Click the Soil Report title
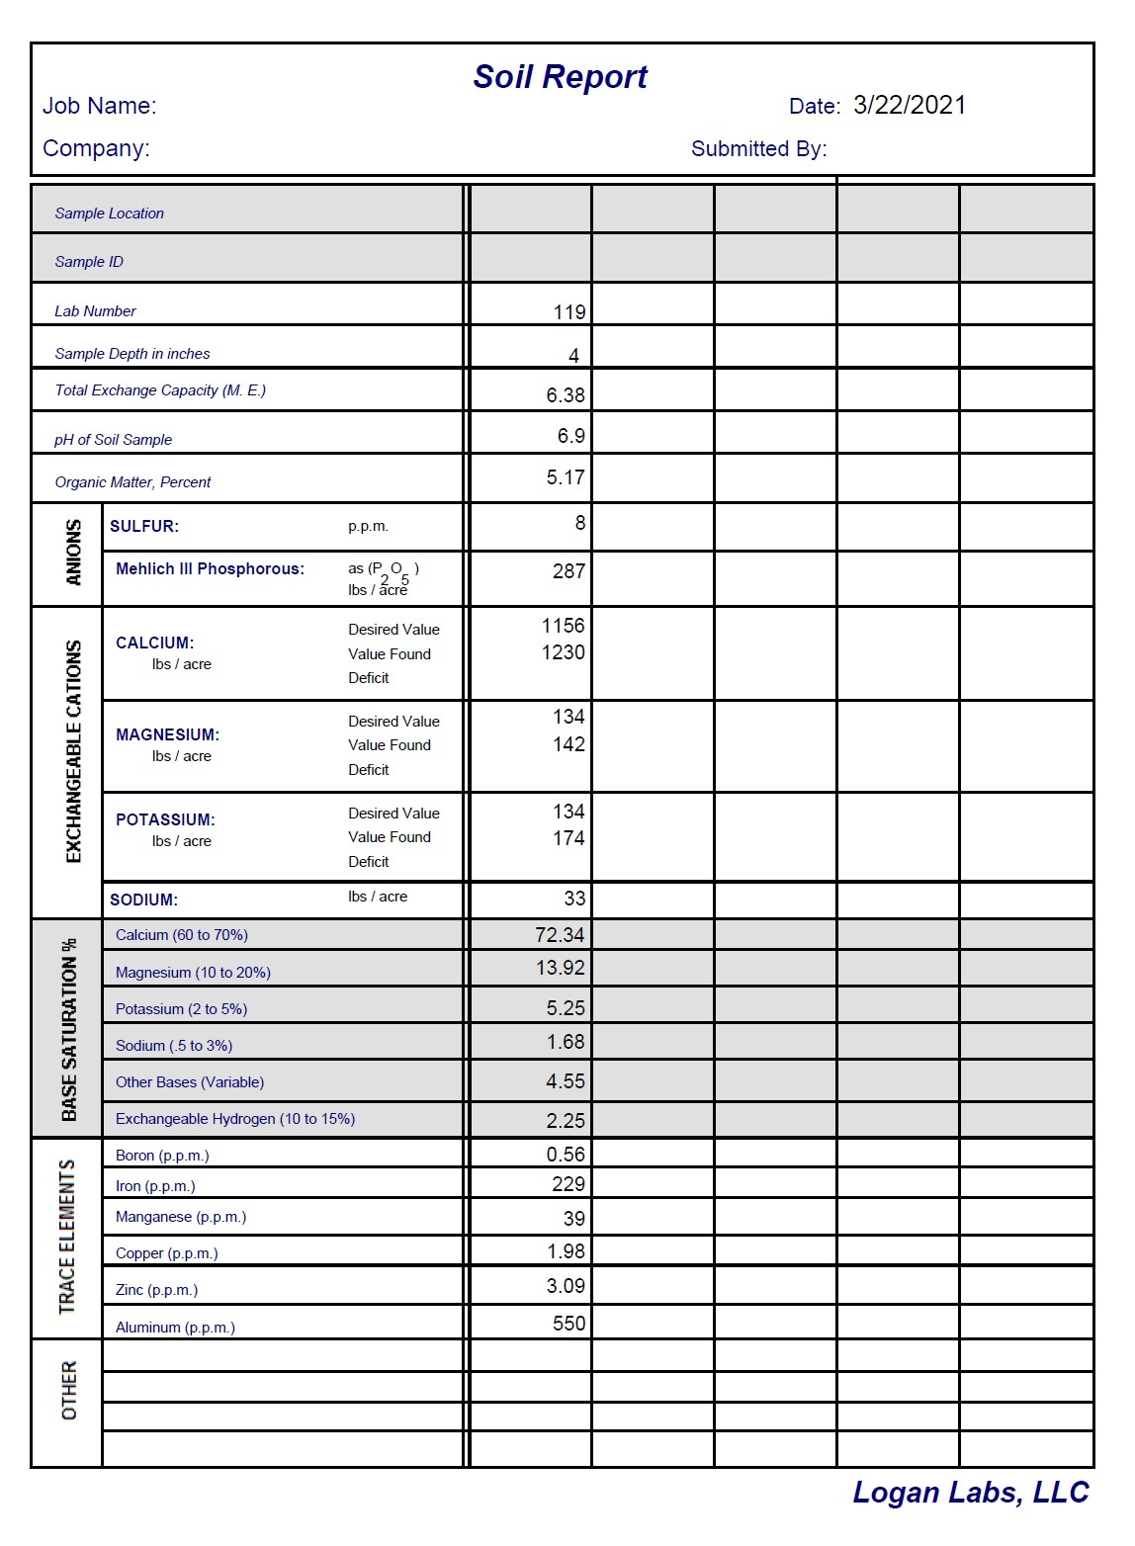pos(560,77)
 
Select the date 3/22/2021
pos(909,106)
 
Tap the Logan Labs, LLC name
pos(970,1492)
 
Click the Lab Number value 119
pos(569,312)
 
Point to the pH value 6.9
pos(570,436)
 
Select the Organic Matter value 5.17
pos(566,477)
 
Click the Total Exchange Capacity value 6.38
pos(566,395)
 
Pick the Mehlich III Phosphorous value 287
pos(568,571)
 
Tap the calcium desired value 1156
pos(563,626)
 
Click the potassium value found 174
pos(568,838)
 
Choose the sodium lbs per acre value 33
pos(574,899)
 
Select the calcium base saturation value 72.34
pos(560,935)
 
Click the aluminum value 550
pos(568,1324)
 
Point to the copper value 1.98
pos(566,1251)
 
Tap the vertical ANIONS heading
pos(73,553)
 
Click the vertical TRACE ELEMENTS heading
pos(67,1237)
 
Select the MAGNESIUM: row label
pos(167,734)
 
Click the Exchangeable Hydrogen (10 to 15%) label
pos(235,1119)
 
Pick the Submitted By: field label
pos(758,149)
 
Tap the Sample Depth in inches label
pos(132,354)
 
